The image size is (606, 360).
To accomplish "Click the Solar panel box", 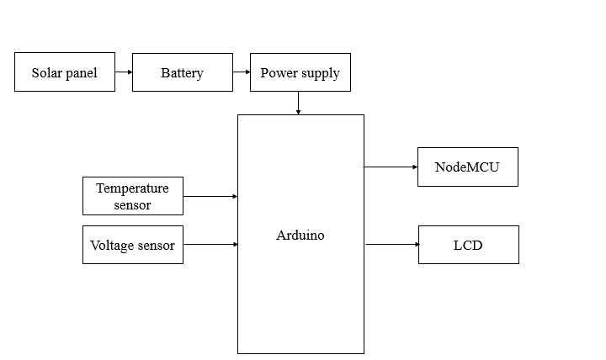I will [x=65, y=72].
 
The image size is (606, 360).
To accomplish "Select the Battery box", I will [x=183, y=72].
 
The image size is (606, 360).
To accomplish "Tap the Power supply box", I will [x=300, y=72].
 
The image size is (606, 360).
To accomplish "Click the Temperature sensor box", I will [x=133, y=196].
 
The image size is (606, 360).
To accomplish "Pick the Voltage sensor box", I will [x=133, y=245].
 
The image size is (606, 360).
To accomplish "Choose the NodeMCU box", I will [x=467, y=167].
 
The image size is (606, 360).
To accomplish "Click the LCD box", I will [x=468, y=245].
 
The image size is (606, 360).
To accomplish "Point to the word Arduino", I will [x=300, y=236].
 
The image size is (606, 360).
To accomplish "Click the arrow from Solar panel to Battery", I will [x=124, y=72].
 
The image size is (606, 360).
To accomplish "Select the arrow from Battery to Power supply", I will [x=242, y=72].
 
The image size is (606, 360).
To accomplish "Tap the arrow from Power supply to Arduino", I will [x=299, y=103].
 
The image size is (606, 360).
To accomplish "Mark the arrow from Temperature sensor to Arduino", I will [x=210, y=196].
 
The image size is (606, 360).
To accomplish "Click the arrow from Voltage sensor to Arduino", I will [x=210, y=244].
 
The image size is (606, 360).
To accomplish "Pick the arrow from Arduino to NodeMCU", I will [x=391, y=167].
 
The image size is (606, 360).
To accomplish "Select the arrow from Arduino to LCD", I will [x=391, y=244].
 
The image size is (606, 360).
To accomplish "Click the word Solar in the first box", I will [x=47, y=73].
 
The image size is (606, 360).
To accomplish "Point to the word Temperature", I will [x=132, y=188].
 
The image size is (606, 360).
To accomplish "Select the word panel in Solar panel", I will [x=82, y=74].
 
